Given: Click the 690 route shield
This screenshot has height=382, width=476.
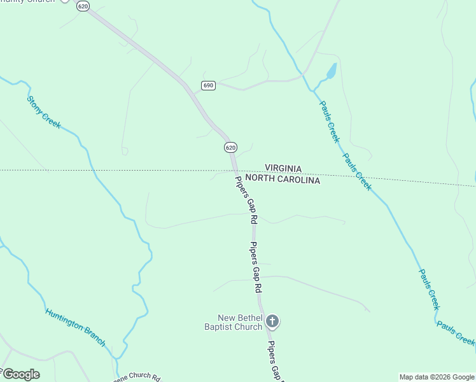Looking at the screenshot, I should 209,85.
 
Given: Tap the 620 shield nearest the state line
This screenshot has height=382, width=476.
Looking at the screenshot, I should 230,147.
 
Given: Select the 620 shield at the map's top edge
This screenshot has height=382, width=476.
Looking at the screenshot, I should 82,6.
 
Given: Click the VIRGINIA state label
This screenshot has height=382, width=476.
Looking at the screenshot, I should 283,169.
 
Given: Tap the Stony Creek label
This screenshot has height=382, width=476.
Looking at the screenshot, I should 44,112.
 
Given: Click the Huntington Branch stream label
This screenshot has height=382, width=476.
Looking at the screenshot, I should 75,327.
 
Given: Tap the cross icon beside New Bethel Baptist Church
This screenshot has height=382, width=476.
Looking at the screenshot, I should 272,322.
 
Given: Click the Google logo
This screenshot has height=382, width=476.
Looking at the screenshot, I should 20,374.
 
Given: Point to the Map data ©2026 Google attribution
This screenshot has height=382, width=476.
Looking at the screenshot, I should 437,377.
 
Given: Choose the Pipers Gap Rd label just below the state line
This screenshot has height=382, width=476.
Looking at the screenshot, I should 245,199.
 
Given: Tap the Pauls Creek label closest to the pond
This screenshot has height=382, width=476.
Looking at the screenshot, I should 330,122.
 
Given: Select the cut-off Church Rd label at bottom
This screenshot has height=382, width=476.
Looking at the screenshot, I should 136,376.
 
